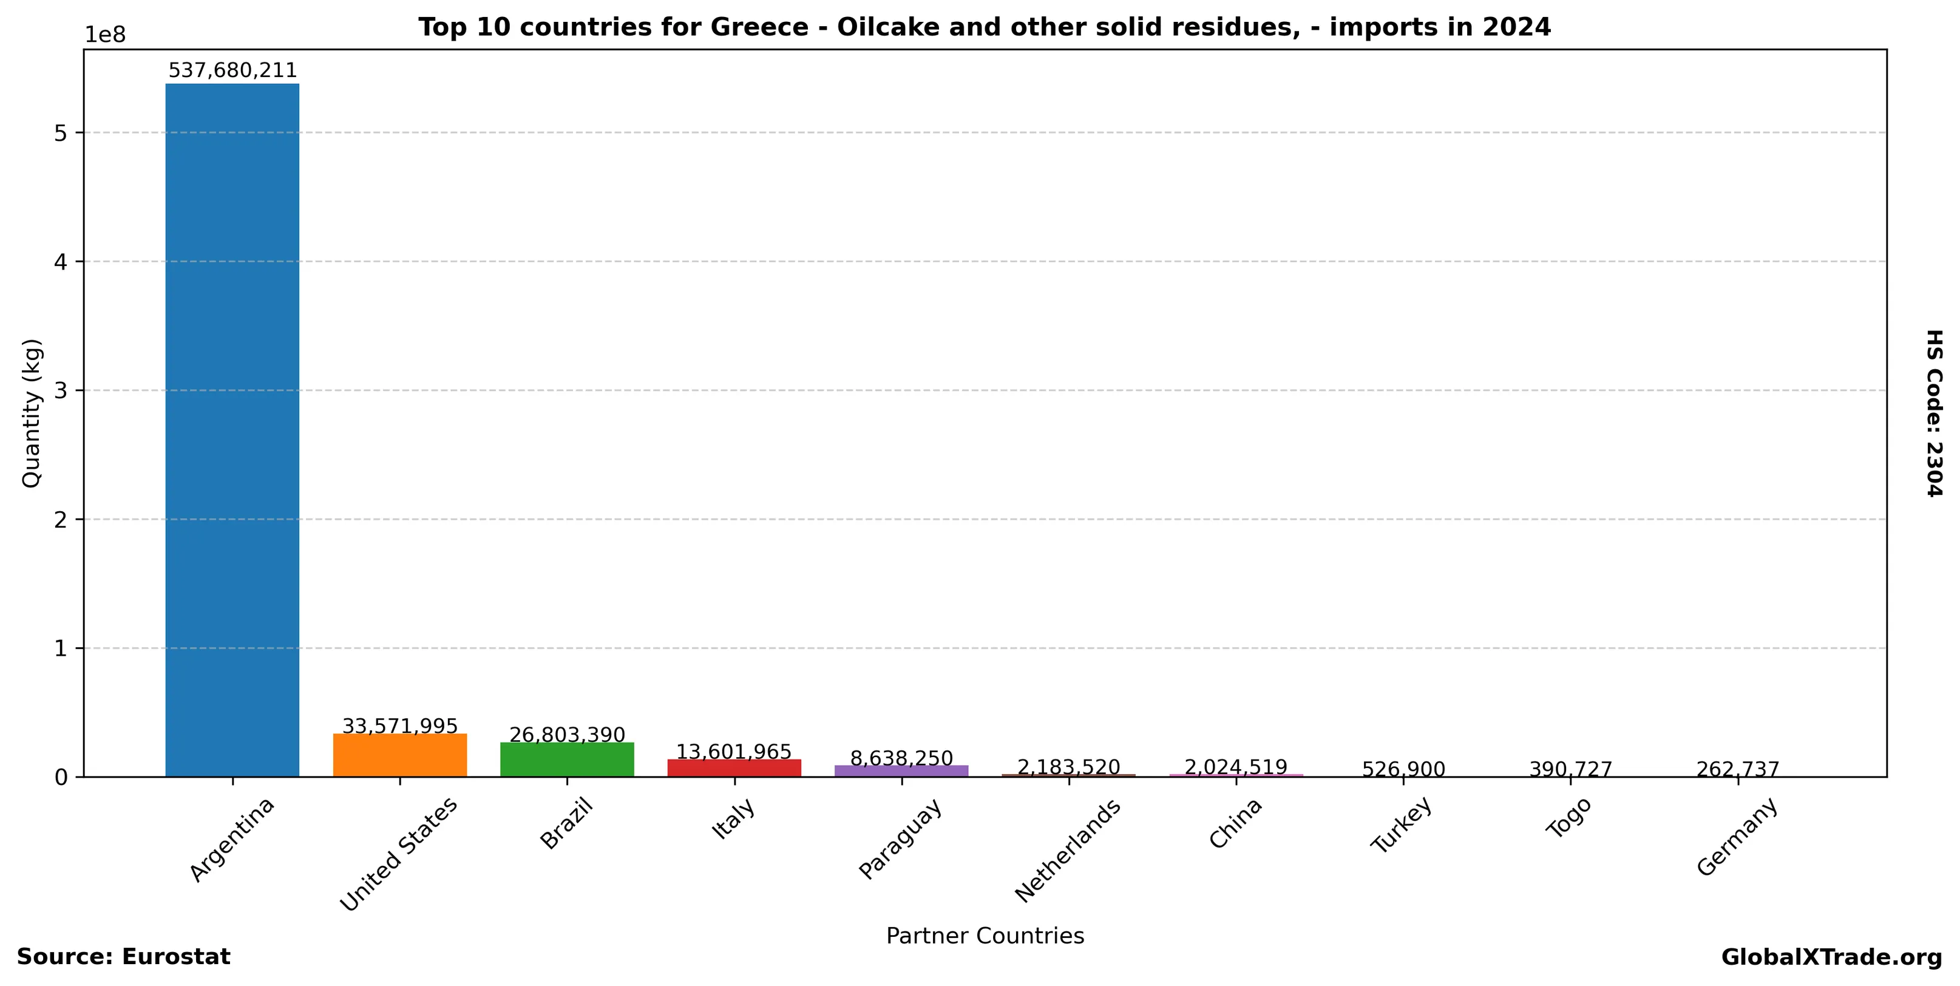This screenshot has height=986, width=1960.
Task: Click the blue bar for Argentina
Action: click(x=232, y=430)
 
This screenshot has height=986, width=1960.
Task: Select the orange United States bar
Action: click(x=399, y=755)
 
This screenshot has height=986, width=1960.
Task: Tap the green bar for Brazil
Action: click(x=567, y=760)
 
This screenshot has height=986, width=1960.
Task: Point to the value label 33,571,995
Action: click(x=399, y=726)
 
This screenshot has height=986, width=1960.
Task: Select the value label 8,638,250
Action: click(x=901, y=758)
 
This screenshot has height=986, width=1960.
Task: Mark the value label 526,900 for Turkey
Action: click(x=1403, y=770)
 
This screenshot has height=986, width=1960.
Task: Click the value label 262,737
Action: click(x=1738, y=770)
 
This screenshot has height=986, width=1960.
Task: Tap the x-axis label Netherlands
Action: click(x=1068, y=851)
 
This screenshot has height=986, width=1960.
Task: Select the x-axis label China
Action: click(x=1235, y=823)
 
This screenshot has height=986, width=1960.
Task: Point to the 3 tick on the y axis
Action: click(x=61, y=391)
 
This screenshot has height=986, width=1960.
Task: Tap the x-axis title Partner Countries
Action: click(x=985, y=936)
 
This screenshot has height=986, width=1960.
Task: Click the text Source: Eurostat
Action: click(x=123, y=957)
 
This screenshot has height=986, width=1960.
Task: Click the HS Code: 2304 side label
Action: click(x=1933, y=413)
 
